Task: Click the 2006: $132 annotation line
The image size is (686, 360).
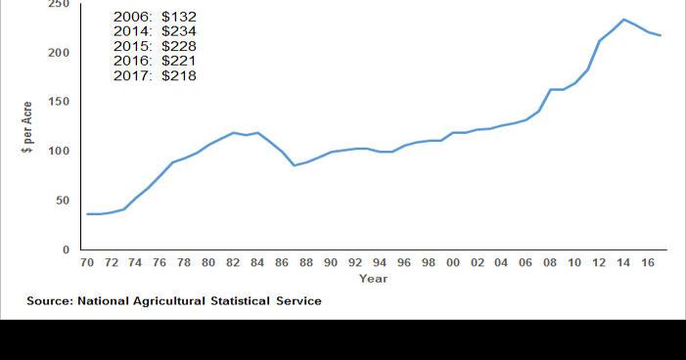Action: [x=155, y=18]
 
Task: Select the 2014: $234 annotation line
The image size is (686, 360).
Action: [x=155, y=32]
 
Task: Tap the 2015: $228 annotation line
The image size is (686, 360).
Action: [x=155, y=47]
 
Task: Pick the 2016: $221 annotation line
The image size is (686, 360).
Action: [x=155, y=61]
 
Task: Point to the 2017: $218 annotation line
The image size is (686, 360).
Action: [x=155, y=75]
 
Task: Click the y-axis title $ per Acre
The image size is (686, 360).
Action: [x=28, y=128]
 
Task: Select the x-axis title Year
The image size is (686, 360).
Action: [x=373, y=279]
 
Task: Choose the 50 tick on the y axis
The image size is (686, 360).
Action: [x=62, y=201]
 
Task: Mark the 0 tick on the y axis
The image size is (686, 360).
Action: [x=66, y=250]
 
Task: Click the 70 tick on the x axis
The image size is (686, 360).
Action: [x=87, y=263]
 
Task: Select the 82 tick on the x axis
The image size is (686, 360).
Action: [x=233, y=263]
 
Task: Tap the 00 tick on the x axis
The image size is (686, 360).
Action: [x=452, y=263]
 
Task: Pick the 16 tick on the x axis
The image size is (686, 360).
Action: [x=647, y=263]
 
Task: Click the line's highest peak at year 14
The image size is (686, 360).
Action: [x=623, y=20]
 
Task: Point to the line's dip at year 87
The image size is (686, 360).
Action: [x=294, y=165]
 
